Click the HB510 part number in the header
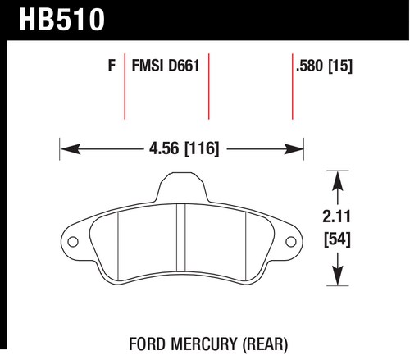(62, 19)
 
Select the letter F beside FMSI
(112, 66)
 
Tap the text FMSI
(148, 66)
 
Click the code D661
(184, 66)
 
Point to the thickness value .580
(310, 66)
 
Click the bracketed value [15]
(340, 66)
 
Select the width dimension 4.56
(164, 148)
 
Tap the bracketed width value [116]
(202, 148)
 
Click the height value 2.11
(336, 216)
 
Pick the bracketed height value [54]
(337, 239)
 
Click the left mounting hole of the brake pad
(73, 242)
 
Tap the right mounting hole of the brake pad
(291, 242)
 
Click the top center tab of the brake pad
(182, 187)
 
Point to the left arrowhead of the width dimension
(71, 149)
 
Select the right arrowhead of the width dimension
(294, 149)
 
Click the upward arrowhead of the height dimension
(338, 180)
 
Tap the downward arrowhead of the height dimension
(338, 276)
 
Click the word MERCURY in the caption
(204, 344)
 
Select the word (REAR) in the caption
(265, 344)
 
